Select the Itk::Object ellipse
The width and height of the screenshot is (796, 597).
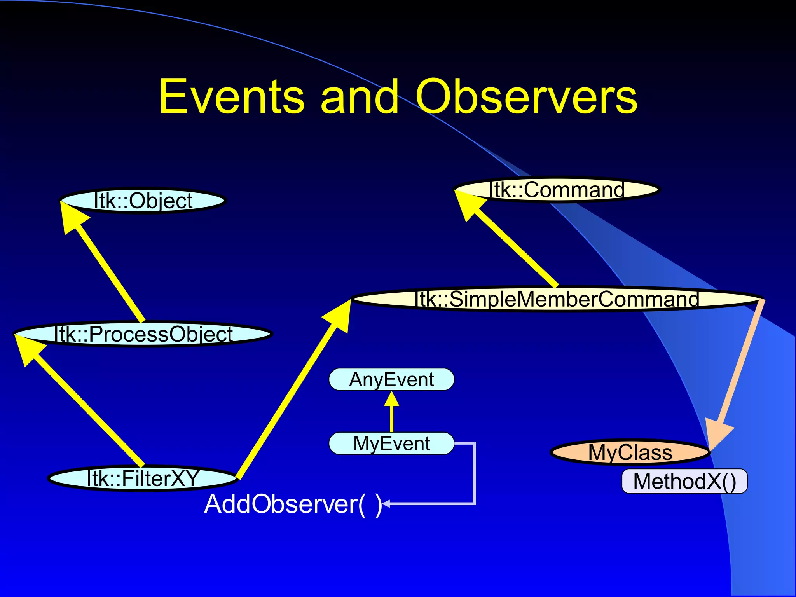coord(143,201)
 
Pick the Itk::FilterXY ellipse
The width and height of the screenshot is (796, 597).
coord(142,478)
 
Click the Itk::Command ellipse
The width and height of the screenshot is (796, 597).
coord(557,190)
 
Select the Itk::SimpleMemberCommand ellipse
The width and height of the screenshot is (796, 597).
coord(557,299)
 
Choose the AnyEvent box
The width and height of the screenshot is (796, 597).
coord(391,380)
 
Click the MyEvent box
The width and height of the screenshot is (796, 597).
coord(391,443)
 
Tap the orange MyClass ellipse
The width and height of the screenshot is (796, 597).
coord(630,452)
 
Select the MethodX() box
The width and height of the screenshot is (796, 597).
coord(684,481)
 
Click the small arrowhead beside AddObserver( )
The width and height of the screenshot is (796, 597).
coord(386,504)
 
